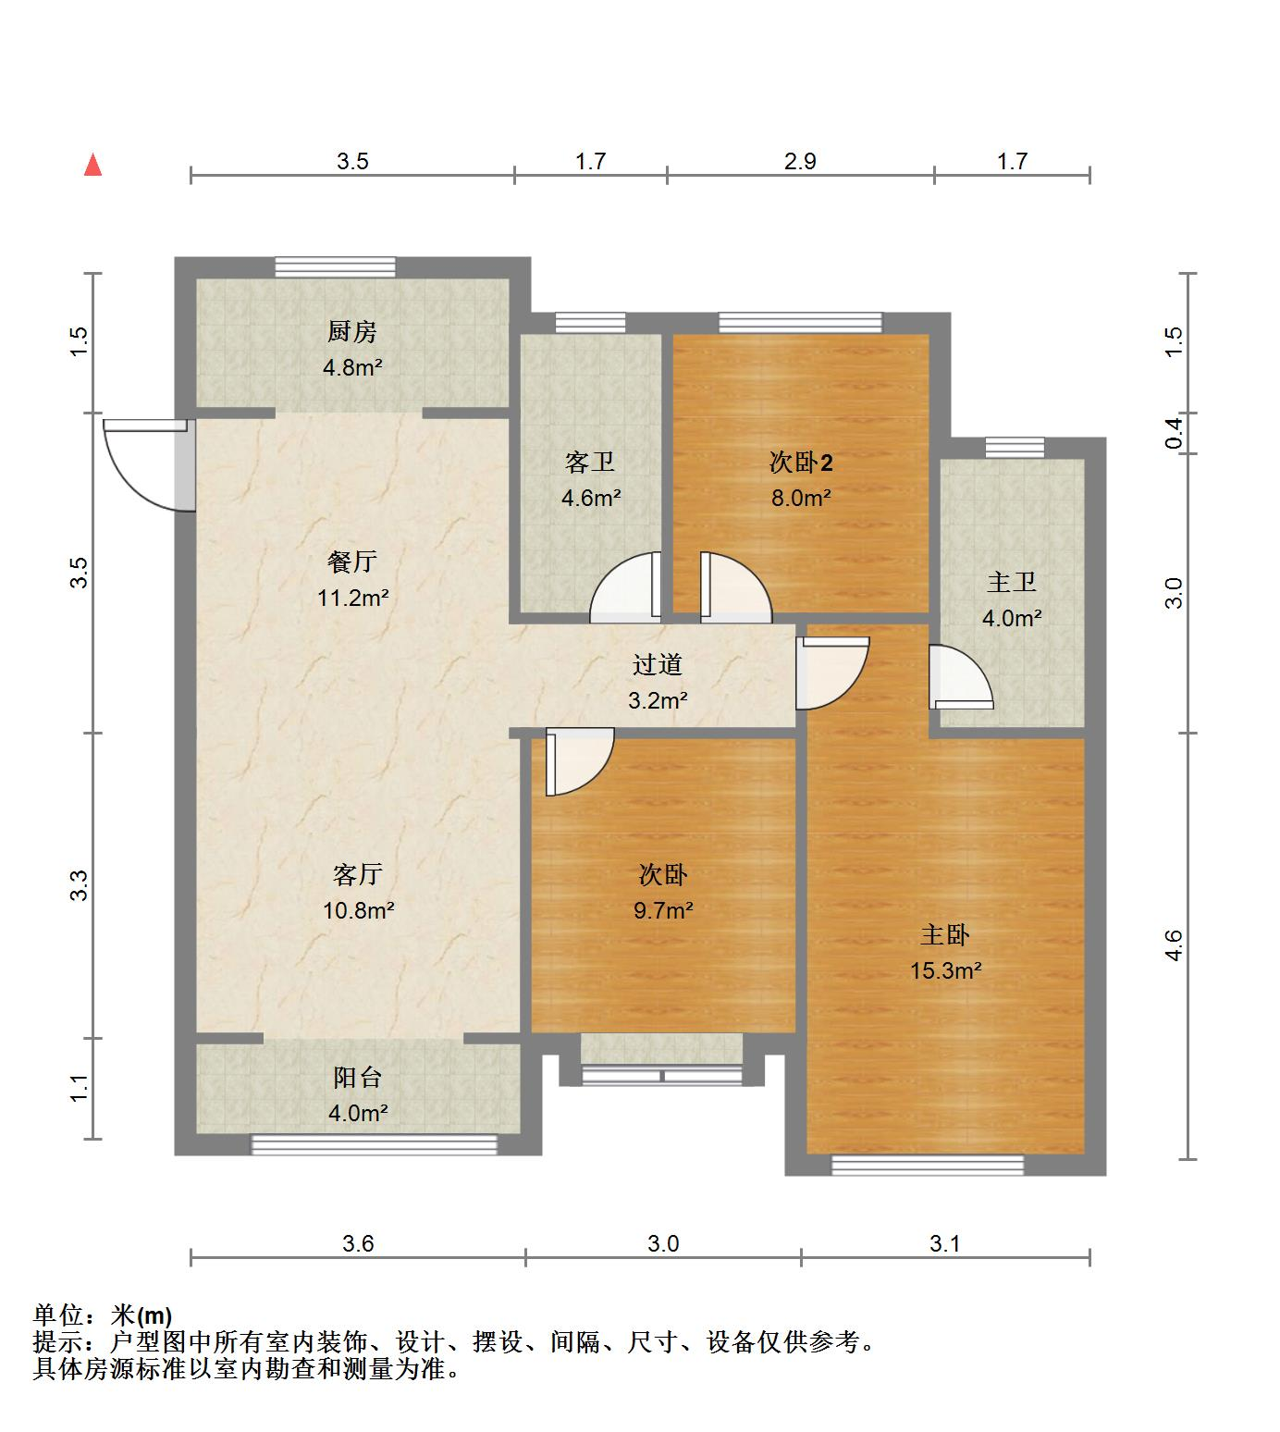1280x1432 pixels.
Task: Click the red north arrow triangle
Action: (x=92, y=166)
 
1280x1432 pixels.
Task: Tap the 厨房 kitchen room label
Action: (x=352, y=331)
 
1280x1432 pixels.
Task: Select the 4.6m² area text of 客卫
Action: (x=591, y=498)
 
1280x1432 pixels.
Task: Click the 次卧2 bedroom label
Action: (x=801, y=463)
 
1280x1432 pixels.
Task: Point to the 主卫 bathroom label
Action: (x=1011, y=583)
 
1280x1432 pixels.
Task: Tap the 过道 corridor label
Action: (x=658, y=664)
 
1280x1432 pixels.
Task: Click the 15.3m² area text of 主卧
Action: (x=944, y=970)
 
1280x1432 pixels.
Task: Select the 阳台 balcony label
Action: (x=357, y=1078)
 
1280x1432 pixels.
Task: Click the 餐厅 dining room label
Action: (x=352, y=562)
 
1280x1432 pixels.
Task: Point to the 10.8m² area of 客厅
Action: (x=358, y=910)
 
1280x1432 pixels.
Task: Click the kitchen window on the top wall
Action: (x=335, y=267)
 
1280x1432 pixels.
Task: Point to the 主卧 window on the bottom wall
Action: (x=928, y=1165)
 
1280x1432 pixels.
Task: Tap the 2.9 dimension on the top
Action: (x=800, y=162)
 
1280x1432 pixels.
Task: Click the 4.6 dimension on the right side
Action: (x=1174, y=945)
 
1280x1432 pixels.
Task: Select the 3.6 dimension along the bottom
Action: (x=358, y=1243)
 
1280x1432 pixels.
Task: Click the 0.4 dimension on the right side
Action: (x=1174, y=433)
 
